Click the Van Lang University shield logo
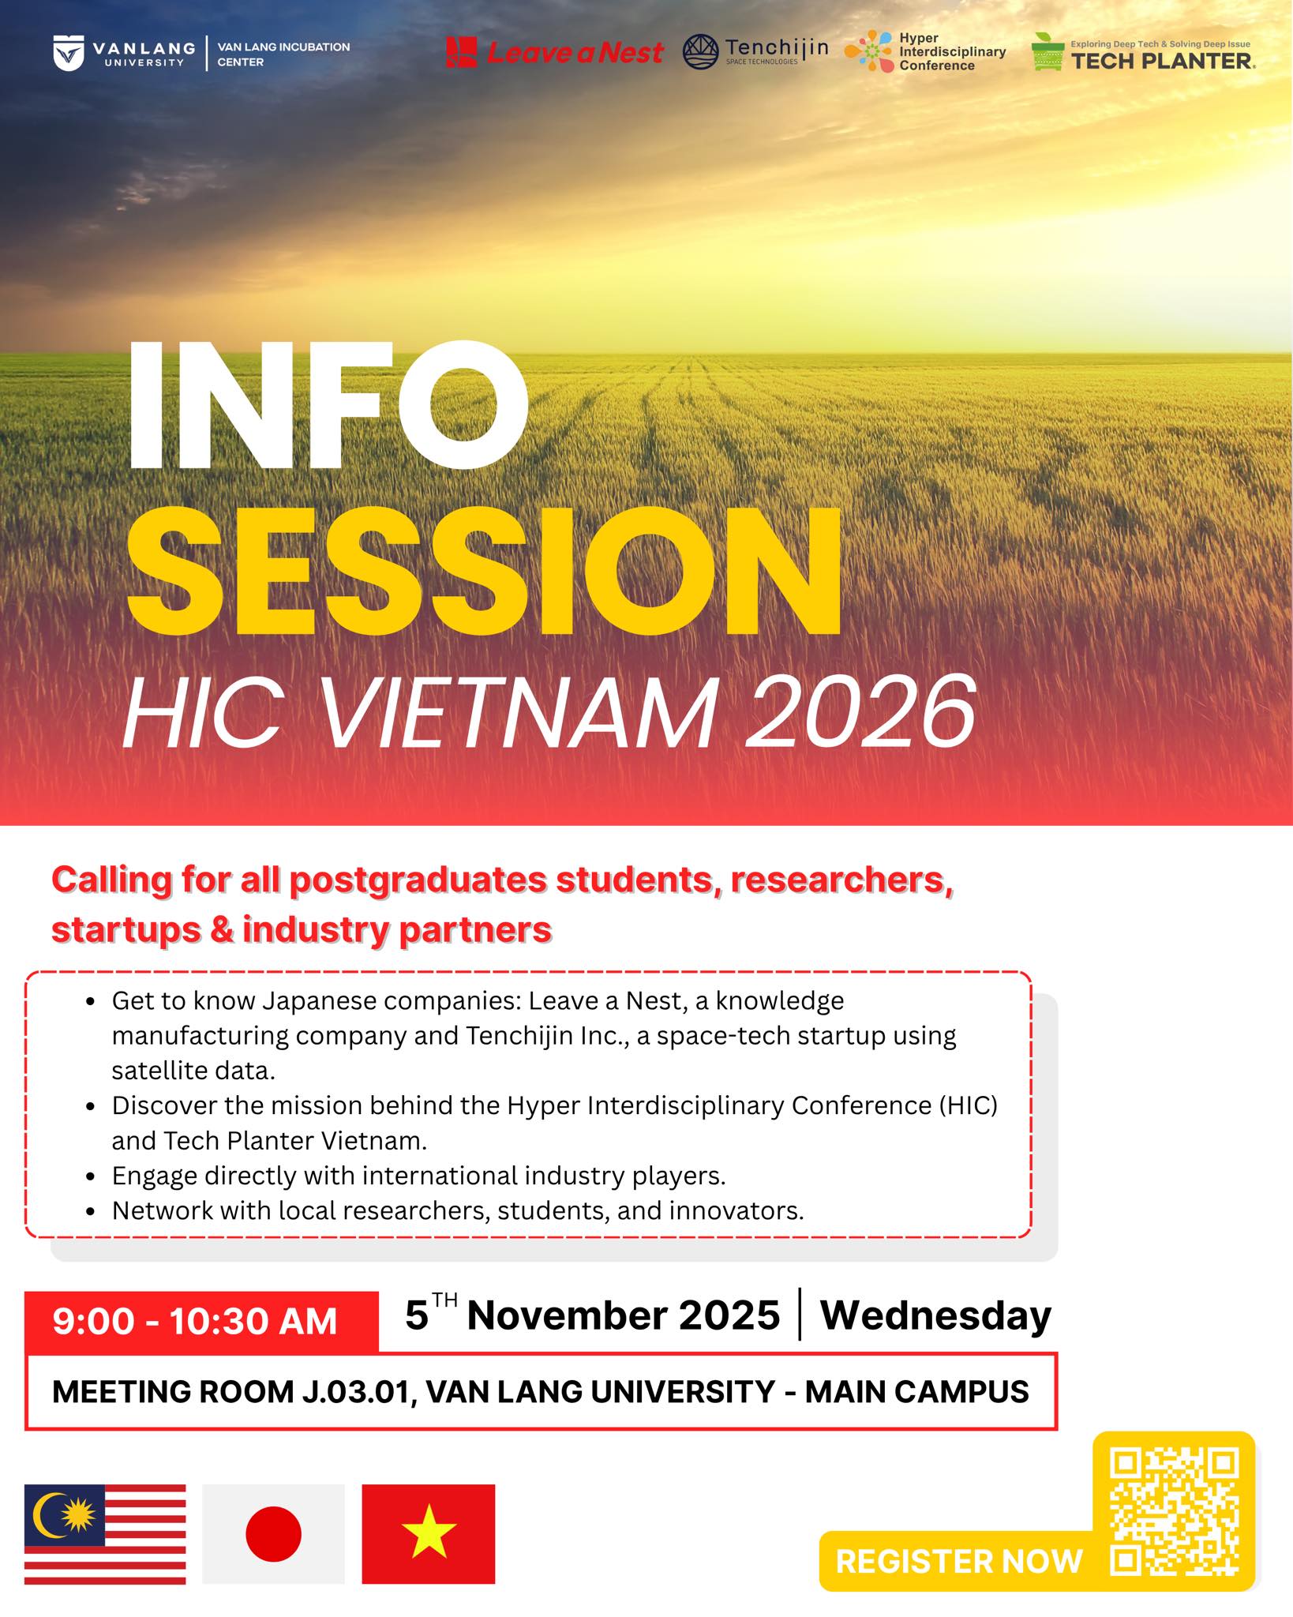tap(69, 53)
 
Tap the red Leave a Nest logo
tap(554, 53)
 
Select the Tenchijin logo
tap(755, 52)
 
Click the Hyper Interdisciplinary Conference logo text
tap(952, 52)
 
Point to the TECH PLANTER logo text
tap(1161, 61)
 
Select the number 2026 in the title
tap(860, 711)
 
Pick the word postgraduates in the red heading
tap(418, 880)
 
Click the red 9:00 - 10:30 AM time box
tap(201, 1322)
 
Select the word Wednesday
tap(935, 1316)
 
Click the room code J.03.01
tap(357, 1392)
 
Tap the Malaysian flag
tap(105, 1534)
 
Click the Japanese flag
tap(273, 1534)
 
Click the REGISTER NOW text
tap(959, 1561)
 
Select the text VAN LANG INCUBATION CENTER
tap(283, 54)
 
